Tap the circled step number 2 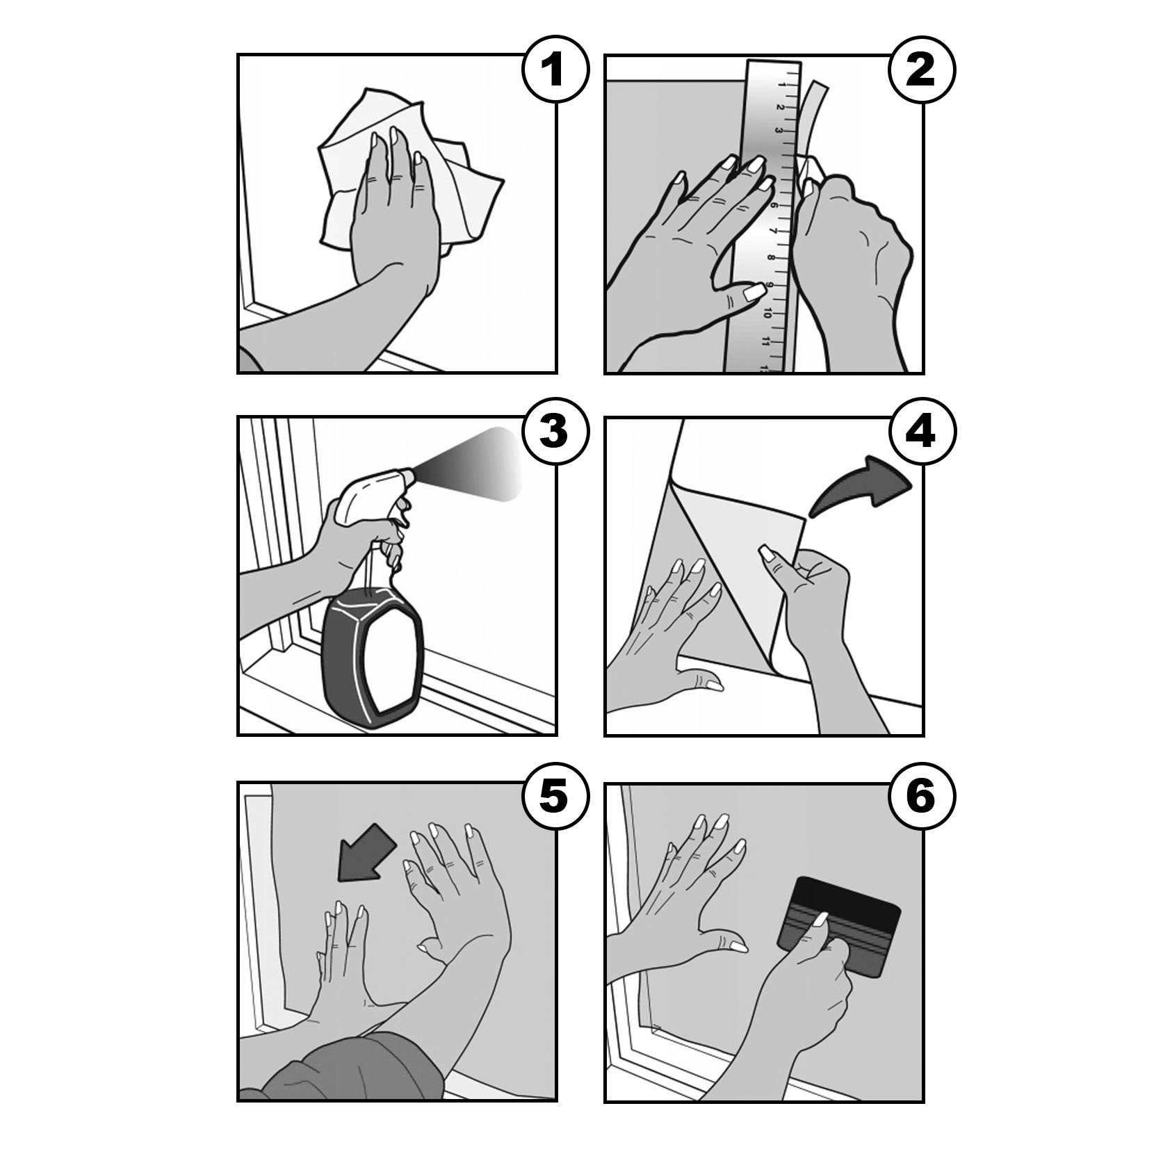(922, 70)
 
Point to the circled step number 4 (922, 431)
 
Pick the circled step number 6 (922, 796)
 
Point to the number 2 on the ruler (780, 108)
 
